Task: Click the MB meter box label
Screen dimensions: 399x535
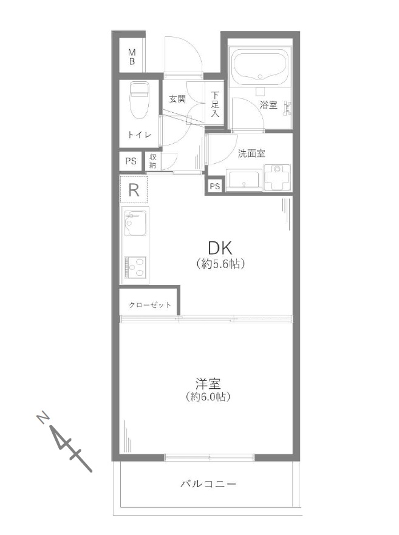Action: click(132, 57)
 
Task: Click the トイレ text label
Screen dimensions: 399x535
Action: click(140, 135)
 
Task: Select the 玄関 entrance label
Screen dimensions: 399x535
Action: click(177, 99)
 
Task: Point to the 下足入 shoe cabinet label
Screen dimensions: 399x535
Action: click(215, 104)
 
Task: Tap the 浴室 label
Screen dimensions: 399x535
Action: click(268, 105)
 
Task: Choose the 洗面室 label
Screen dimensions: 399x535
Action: click(251, 153)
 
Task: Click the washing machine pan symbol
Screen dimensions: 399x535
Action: click(277, 177)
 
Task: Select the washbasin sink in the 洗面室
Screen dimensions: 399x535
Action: click(244, 180)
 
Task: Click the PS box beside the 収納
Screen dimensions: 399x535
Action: click(131, 161)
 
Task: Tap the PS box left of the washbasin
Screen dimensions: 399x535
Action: click(215, 186)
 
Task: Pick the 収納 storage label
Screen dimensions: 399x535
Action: click(152, 161)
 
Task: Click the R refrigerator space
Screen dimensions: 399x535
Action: click(134, 190)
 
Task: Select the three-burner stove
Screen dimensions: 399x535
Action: click(135, 267)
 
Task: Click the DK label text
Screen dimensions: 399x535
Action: click(220, 248)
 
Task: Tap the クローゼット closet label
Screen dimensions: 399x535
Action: click(149, 305)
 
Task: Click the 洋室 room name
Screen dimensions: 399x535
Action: click(208, 384)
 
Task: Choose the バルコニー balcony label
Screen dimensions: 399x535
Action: click(208, 484)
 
